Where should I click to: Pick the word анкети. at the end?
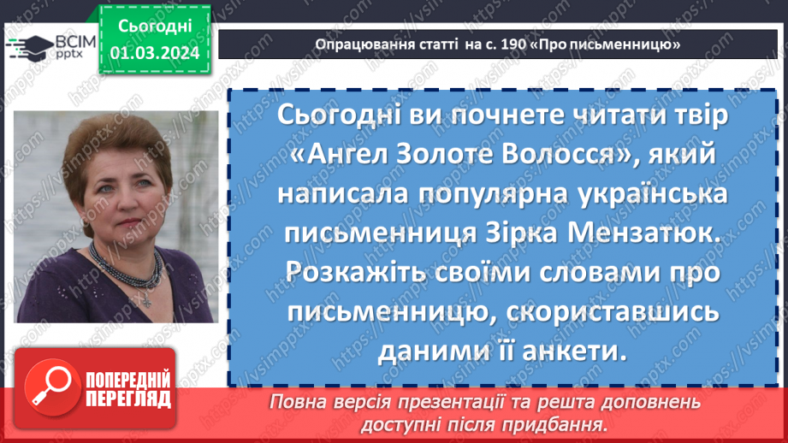[x=580, y=350]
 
